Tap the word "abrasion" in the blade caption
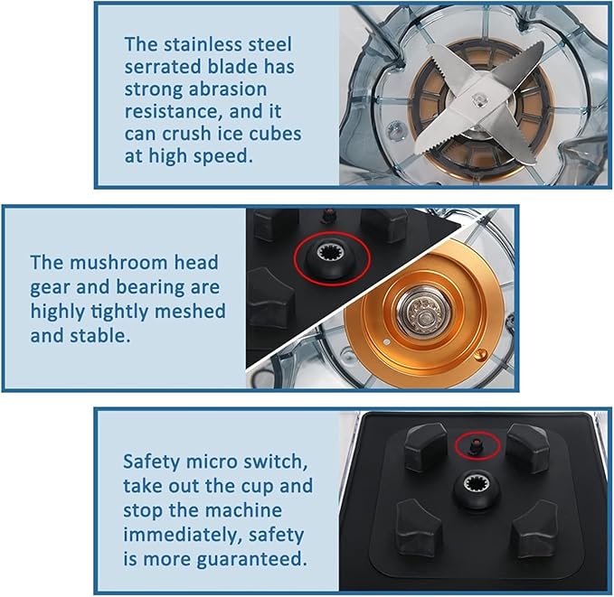pyautogui.click(x=228, y=89)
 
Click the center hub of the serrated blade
pyautogui.click(x=478, y=99)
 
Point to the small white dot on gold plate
pyautogui.click(x=387, y=342)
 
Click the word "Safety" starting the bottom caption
pyautogui.click(x=151, y=462)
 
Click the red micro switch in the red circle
pyautogui.click(x=477, y=444)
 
